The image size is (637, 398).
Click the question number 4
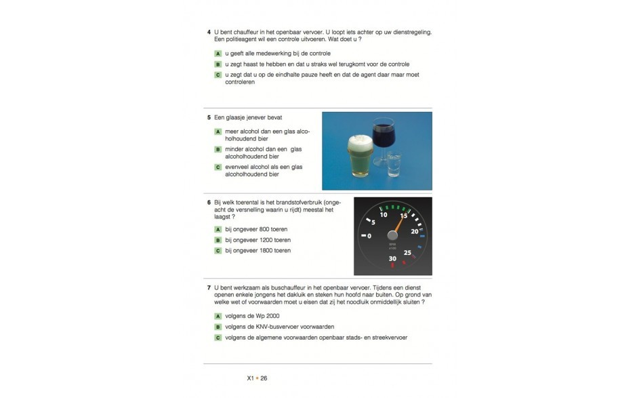click(x=209, y=32)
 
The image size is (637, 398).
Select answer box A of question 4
click(x=218, y=53)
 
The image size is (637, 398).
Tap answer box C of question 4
click(x=218, y=75)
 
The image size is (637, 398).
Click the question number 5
click(x=209, y=117)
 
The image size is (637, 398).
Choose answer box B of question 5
click(x=218, y=149)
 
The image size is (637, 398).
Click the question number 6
click(x=209, y=202)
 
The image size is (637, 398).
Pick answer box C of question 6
click(x=218, y=251)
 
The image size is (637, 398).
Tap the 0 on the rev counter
click(x=369, y=236)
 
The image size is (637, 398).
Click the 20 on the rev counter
click(x=414, y=231)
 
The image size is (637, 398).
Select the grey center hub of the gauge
click(x=392, y=235)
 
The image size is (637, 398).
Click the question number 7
click(x=209, y=288)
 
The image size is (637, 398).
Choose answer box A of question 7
click(x=218, y=317)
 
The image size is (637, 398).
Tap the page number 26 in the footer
click(x=264, y=378)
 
